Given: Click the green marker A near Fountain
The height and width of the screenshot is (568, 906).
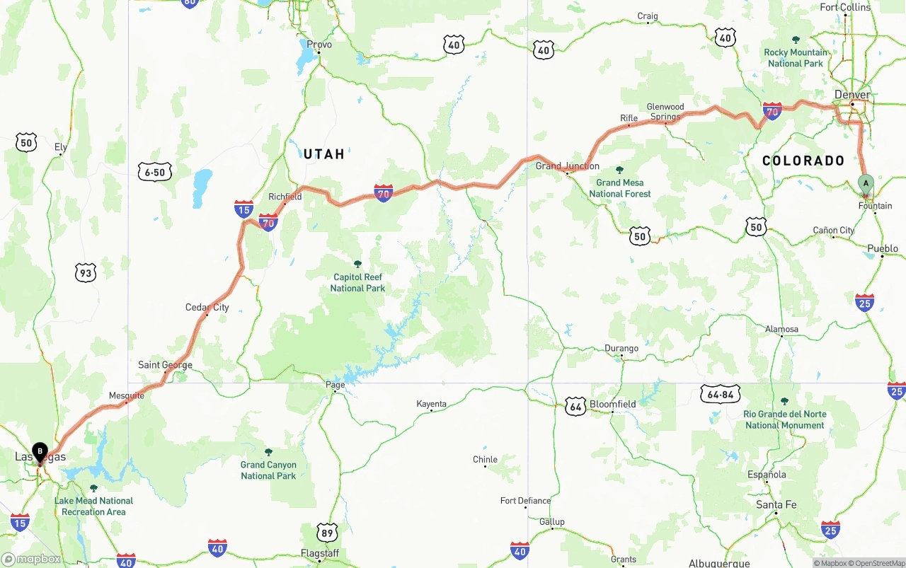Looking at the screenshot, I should (865, 184).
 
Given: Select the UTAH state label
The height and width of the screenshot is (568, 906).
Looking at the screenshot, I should (323, 153).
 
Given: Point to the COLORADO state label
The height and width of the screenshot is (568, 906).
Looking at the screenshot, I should (803, 161).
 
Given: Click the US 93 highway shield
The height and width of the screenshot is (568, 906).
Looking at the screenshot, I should (86, 272).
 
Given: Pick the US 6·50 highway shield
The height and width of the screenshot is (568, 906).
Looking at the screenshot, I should (155, 172).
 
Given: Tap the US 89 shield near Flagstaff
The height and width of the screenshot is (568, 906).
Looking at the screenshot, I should (326, 532).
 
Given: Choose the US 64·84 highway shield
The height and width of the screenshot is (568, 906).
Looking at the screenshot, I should (721, 394).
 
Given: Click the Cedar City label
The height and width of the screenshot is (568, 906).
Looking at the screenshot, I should (207, 307).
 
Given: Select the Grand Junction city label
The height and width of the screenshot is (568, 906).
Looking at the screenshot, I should (567, 166).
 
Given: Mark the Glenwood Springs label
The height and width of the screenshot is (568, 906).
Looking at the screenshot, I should (665, 112).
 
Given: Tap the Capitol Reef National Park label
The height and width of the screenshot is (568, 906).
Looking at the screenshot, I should (357, 282).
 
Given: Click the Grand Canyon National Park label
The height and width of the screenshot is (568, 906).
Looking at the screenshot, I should (268, 470).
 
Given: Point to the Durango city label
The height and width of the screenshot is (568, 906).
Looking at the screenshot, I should (621, 348).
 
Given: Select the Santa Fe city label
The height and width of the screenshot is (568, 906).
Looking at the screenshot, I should (776, 504).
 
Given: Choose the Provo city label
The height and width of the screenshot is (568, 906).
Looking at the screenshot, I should (319, 45).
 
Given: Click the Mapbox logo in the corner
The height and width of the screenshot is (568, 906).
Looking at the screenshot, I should (31, 559).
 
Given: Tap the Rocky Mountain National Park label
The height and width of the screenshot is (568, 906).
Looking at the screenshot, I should (795, 57).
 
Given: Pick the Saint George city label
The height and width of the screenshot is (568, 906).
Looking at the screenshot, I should (165, 365).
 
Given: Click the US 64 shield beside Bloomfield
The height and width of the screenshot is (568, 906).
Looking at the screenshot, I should (575, 406).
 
